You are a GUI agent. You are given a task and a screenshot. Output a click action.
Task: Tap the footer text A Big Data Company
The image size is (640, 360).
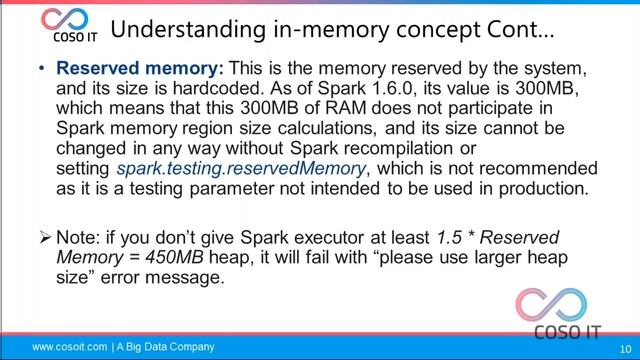(x=165, y=347)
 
